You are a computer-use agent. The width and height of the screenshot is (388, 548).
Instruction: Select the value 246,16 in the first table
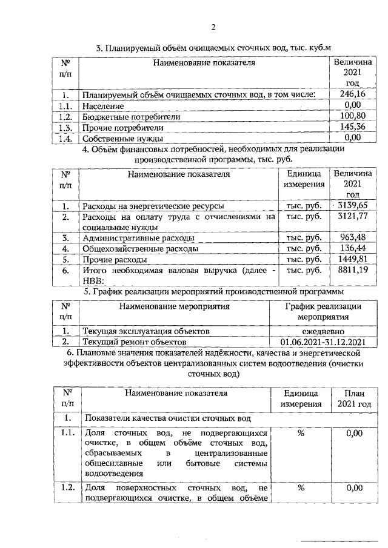click(352, 94)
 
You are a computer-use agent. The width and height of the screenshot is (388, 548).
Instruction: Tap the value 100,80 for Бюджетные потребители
click(352, 116)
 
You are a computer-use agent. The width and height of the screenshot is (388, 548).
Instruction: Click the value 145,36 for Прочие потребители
click(352, 127)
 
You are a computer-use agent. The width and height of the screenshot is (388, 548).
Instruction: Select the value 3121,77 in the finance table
click(353, 216)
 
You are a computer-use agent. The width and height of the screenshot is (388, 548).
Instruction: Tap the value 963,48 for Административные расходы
click(353, 238)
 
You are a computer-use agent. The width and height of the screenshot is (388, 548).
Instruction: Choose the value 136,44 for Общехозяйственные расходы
click(353, 249)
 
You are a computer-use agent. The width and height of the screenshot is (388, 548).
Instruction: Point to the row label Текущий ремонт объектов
click(134, 342)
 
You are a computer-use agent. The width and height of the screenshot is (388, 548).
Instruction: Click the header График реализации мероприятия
click(323, 312)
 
